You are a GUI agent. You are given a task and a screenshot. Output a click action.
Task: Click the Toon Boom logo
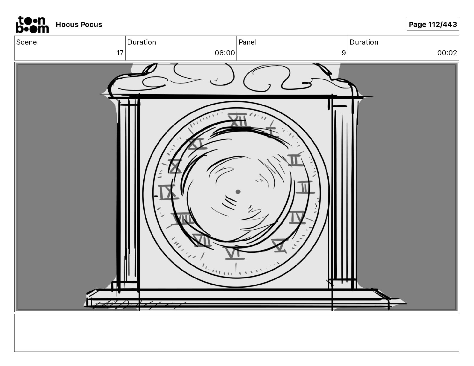click(32, 24)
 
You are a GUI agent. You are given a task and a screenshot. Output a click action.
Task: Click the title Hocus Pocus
click(79, 25)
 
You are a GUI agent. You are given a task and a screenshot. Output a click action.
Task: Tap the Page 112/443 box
click(433, 25)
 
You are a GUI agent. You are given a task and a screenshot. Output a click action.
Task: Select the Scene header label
click(27, 42)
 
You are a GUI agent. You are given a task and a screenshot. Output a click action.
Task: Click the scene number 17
click(120, 53)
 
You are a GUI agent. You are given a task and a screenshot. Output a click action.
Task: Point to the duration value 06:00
click(225, 53)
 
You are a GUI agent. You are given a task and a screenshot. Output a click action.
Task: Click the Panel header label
click(247, 42)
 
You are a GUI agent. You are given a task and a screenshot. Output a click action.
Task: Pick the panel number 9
click(344, 53)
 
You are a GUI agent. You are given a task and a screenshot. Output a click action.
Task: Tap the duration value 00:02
click(447, 53)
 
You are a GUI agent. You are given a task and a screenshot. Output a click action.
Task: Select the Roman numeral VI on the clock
click(233, 253)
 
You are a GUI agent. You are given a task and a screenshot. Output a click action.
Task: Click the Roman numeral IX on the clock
click(167, 192)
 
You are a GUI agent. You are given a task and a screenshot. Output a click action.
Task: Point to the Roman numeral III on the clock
click(305, 187)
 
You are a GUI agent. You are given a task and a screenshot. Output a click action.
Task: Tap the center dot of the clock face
click(238, 192)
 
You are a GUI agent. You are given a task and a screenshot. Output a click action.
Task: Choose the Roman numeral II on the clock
click(295, 160)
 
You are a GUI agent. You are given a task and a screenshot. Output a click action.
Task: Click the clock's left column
click(128, 191)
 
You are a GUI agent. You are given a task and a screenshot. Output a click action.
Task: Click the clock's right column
click(344, 191)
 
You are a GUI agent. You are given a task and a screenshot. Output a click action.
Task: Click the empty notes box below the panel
click(236, 333)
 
